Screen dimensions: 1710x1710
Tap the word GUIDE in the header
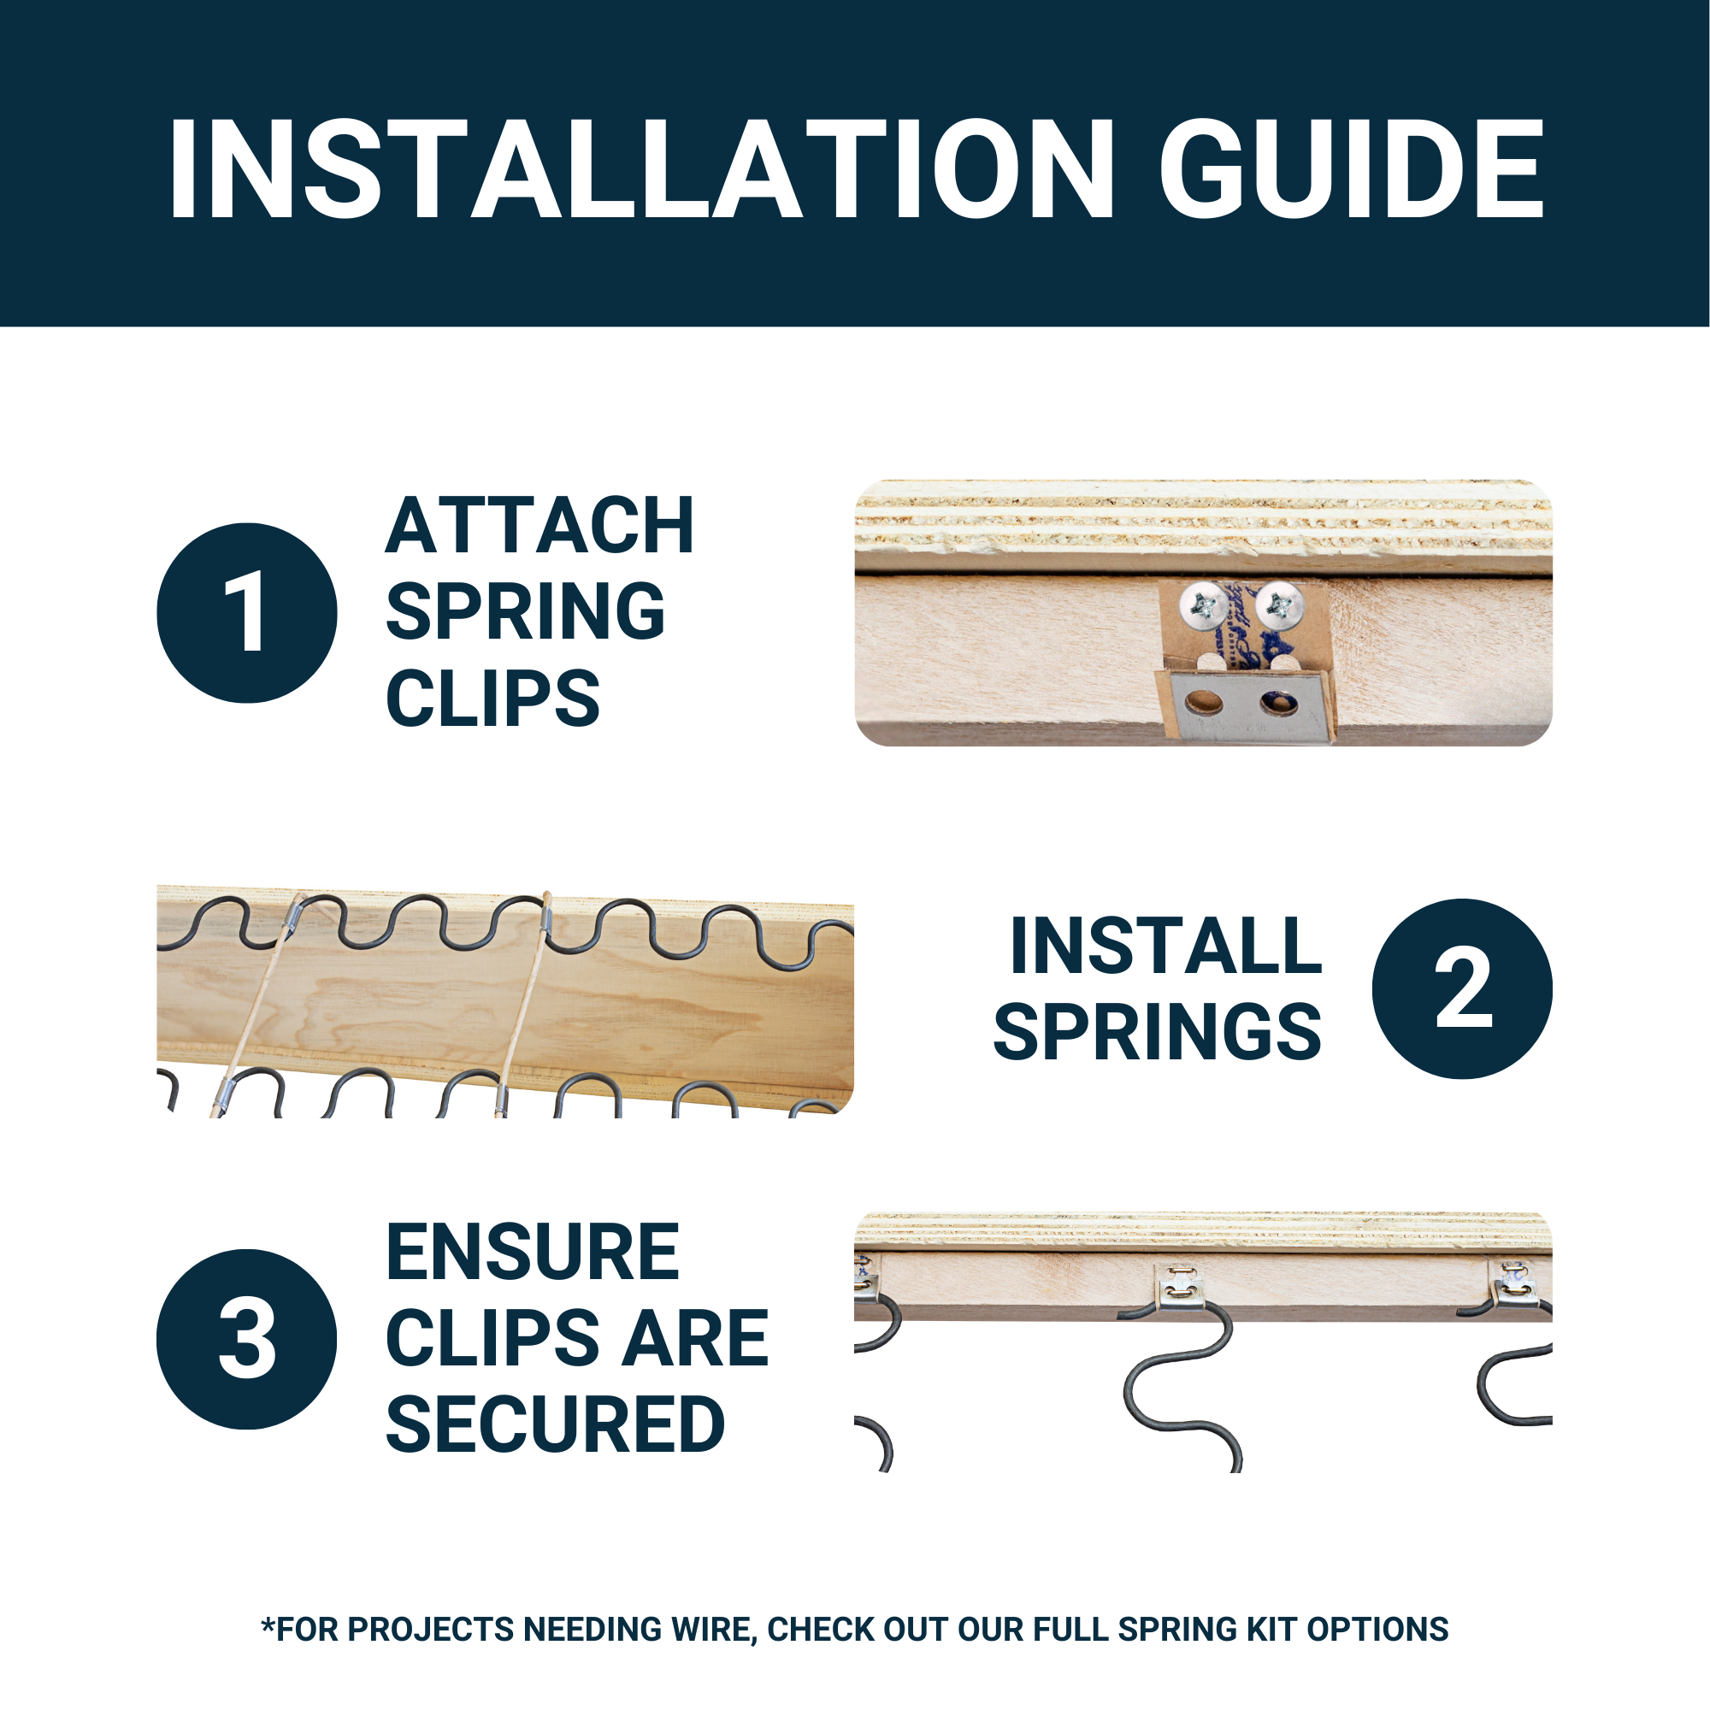[x=1353, y=168]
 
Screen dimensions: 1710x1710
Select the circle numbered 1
[x=247, y=612]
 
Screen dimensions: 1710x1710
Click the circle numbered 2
[x=1462, y=988]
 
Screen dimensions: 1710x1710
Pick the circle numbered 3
[x=247, y=1339]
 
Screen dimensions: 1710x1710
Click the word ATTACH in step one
[x=540, y=526]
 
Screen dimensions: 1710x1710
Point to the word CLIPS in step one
[x=493, y=699]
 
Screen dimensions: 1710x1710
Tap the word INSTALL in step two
[x=1165, y=946]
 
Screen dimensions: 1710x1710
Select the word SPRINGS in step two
[x=1158, y=1032]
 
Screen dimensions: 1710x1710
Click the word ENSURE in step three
[x=533, y=1253]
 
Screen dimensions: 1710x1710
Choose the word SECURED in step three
[x=555, y=1425]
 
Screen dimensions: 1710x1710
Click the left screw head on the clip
[x=1204, y=606]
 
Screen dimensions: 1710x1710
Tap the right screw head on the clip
[x=1280, y=606]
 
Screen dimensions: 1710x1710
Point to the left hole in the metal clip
[x=1204, y=705]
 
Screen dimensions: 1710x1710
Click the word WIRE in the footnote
[x=711, y=1630]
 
